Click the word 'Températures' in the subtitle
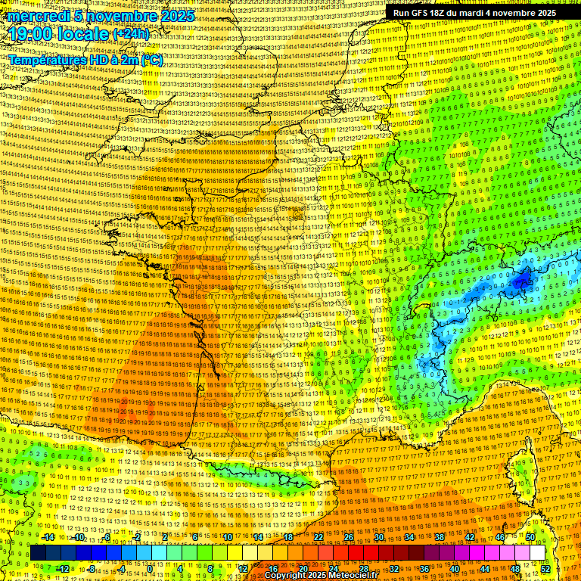[47, 60]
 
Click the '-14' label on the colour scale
[47, 537]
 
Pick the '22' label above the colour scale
[318, 537]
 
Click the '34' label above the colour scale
[409, 537]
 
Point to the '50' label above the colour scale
[530, 537]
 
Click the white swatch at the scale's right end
[537, 553]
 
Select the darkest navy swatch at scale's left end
[38, 553]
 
